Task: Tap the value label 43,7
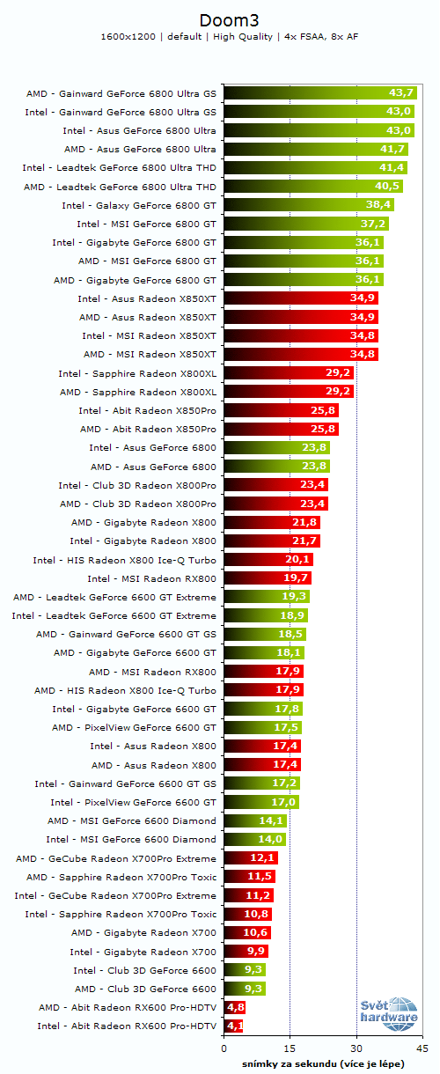(401, 92)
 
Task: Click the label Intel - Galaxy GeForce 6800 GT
(139, 204)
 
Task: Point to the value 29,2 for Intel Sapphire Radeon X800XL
(339, 372)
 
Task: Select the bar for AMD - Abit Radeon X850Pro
(281, 429)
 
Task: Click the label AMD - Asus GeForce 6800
(153, 466)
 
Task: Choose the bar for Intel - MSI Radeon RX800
(268, 578)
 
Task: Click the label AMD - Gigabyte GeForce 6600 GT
(135, 652)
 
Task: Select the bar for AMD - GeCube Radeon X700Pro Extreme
(251, 858)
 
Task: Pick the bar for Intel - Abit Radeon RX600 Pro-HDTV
(233, 1026)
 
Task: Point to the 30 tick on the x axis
(356, 1049)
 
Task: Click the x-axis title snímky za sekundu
(323, 1063)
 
